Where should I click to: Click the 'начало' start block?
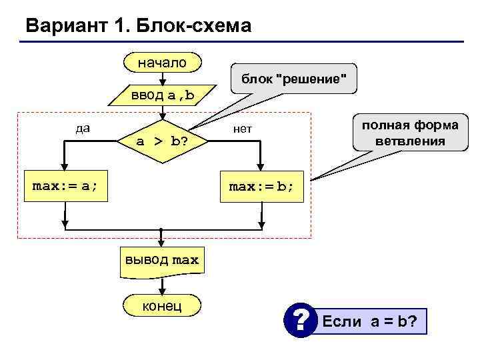coord(162,63)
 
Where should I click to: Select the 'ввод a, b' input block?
coord(162,95)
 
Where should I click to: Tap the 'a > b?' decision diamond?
coord(161,141)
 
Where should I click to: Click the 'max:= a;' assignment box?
coord(65,186)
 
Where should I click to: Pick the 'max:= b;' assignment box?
coord(261,187)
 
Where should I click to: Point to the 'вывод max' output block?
coord(161,260)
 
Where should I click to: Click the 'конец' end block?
coord(161,305)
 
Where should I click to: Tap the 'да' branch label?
coord(83,128)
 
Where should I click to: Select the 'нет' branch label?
coord(242,129)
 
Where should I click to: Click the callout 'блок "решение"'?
coord(293,80)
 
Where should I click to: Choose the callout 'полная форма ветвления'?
coord(410,133)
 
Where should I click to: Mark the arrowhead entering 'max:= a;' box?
coord(65,169)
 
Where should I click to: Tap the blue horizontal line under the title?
coord(240,43)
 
